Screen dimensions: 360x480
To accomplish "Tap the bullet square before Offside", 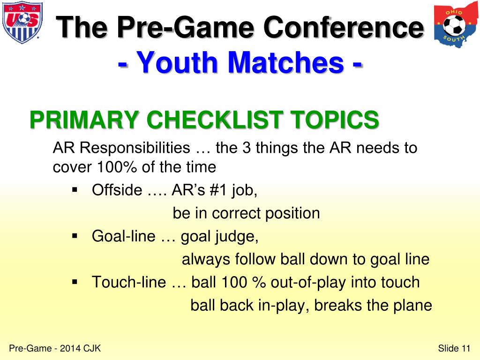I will tap(75, 190).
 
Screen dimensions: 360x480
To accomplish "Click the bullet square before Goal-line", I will tap(75, 236).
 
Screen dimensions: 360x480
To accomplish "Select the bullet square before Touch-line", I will tap(75, 282).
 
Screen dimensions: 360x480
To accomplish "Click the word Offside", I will tap(117, 190).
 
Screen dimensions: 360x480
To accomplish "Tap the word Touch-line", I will tap(128, 282).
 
